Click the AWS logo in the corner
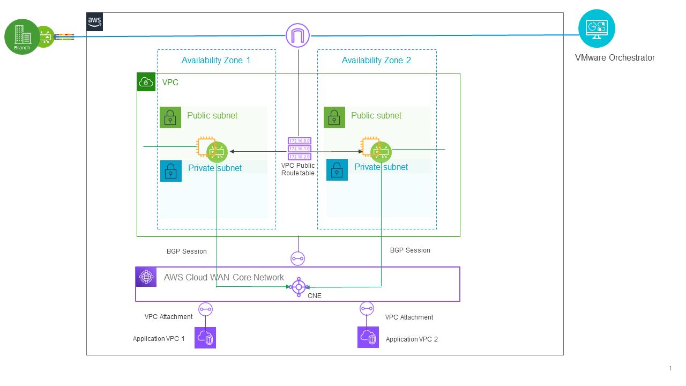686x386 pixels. tap(94, 21)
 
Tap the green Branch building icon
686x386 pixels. tap(22, 36)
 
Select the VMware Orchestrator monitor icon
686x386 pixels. tap(596, 28)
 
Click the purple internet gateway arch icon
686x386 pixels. tap(298, 36)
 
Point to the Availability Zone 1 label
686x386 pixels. tap(216, 60)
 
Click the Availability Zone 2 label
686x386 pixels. tap(376, 60)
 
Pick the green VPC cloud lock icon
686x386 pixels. tap(146, 82)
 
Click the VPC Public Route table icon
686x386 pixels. tap(299, 149)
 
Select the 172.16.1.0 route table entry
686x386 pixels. tap(299, 149)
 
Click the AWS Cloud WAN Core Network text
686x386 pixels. tap(224, 277)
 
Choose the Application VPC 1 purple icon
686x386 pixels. tap(205, 338)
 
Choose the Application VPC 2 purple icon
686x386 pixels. tap(368, 337)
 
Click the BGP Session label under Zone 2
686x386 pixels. tap(410, 250)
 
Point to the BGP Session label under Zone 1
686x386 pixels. tap(187, 251)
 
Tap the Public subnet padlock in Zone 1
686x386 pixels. tap(170, 117)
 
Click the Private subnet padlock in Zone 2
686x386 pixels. tap(337, 170)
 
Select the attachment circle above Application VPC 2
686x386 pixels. tap(367, 308)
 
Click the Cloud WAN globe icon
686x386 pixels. tap(146, 277)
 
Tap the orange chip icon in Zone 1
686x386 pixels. tap(206, 146)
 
